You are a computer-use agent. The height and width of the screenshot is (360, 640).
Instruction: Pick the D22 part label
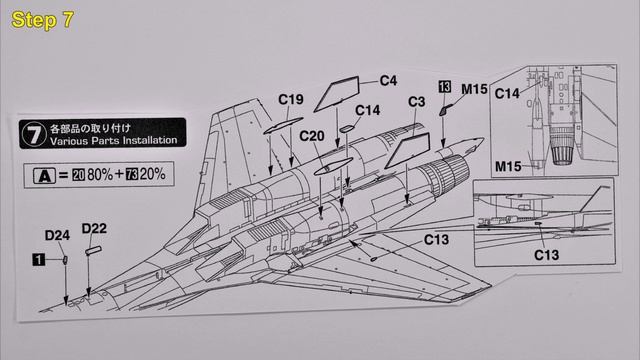(x=94, y=230)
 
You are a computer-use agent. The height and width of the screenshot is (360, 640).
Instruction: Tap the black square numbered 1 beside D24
(x=37, y=258)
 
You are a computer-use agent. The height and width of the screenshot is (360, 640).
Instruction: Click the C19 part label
(x=290, y=99)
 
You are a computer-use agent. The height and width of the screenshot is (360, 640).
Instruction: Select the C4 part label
(x=389, y=80)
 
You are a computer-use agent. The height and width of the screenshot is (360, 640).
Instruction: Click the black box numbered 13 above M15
(x=445, y=89)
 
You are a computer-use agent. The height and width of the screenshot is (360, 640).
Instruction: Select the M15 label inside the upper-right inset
(x=509, y=163)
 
